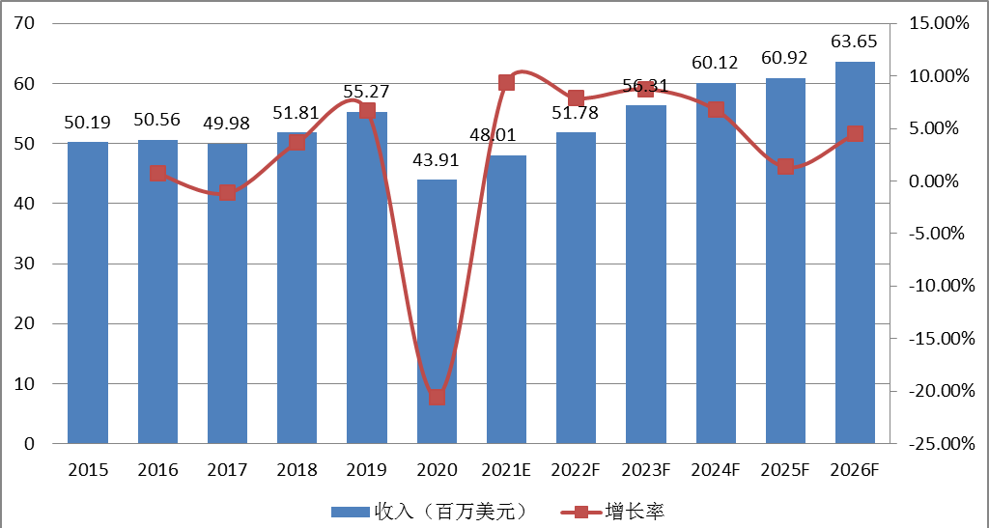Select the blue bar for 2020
pos(437,311)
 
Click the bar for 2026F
pos(855,253)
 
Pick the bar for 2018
pos(297,288)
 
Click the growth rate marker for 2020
pos(437,397)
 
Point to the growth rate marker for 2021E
pos(506,83)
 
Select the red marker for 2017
pos(227,192)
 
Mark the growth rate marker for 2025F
pos(785,167)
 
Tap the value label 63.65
pos(855,42)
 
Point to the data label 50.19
pos(88,123)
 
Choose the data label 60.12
pos(715,63)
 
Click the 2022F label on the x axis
pos(576,470)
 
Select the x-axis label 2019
pos(367,470)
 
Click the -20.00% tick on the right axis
pos(933,391)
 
